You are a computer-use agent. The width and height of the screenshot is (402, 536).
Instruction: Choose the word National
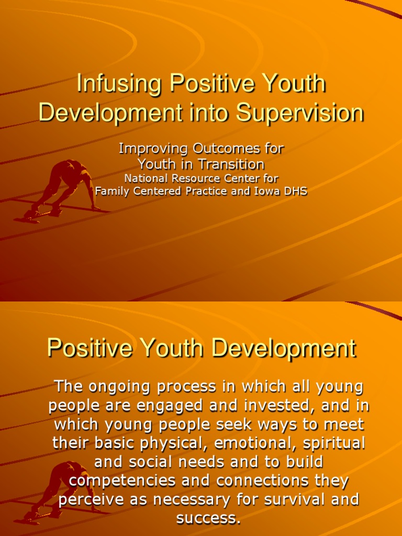pos(147,178)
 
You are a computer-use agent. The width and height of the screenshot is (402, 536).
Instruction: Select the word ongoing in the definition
pos(118,388)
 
